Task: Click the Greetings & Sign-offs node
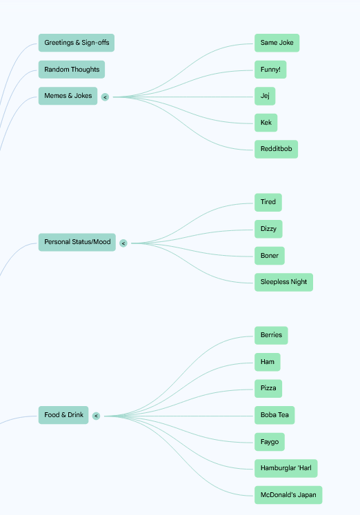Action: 76,43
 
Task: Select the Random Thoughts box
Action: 72,70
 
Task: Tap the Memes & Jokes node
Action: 68,96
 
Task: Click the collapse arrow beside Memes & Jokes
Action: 105,97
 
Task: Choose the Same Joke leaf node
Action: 277,43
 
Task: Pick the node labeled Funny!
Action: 270,70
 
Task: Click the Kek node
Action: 266,123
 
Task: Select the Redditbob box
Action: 277,149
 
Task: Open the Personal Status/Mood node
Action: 77,242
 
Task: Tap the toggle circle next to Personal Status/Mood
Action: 123,243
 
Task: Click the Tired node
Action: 268,202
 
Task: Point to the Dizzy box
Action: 268,229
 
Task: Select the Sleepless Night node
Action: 284,282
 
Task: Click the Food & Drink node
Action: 63,415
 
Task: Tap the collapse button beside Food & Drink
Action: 97,416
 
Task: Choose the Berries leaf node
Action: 271,335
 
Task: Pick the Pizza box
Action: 268,389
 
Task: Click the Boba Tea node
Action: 274,415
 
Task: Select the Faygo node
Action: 270,442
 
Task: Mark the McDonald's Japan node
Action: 288,495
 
